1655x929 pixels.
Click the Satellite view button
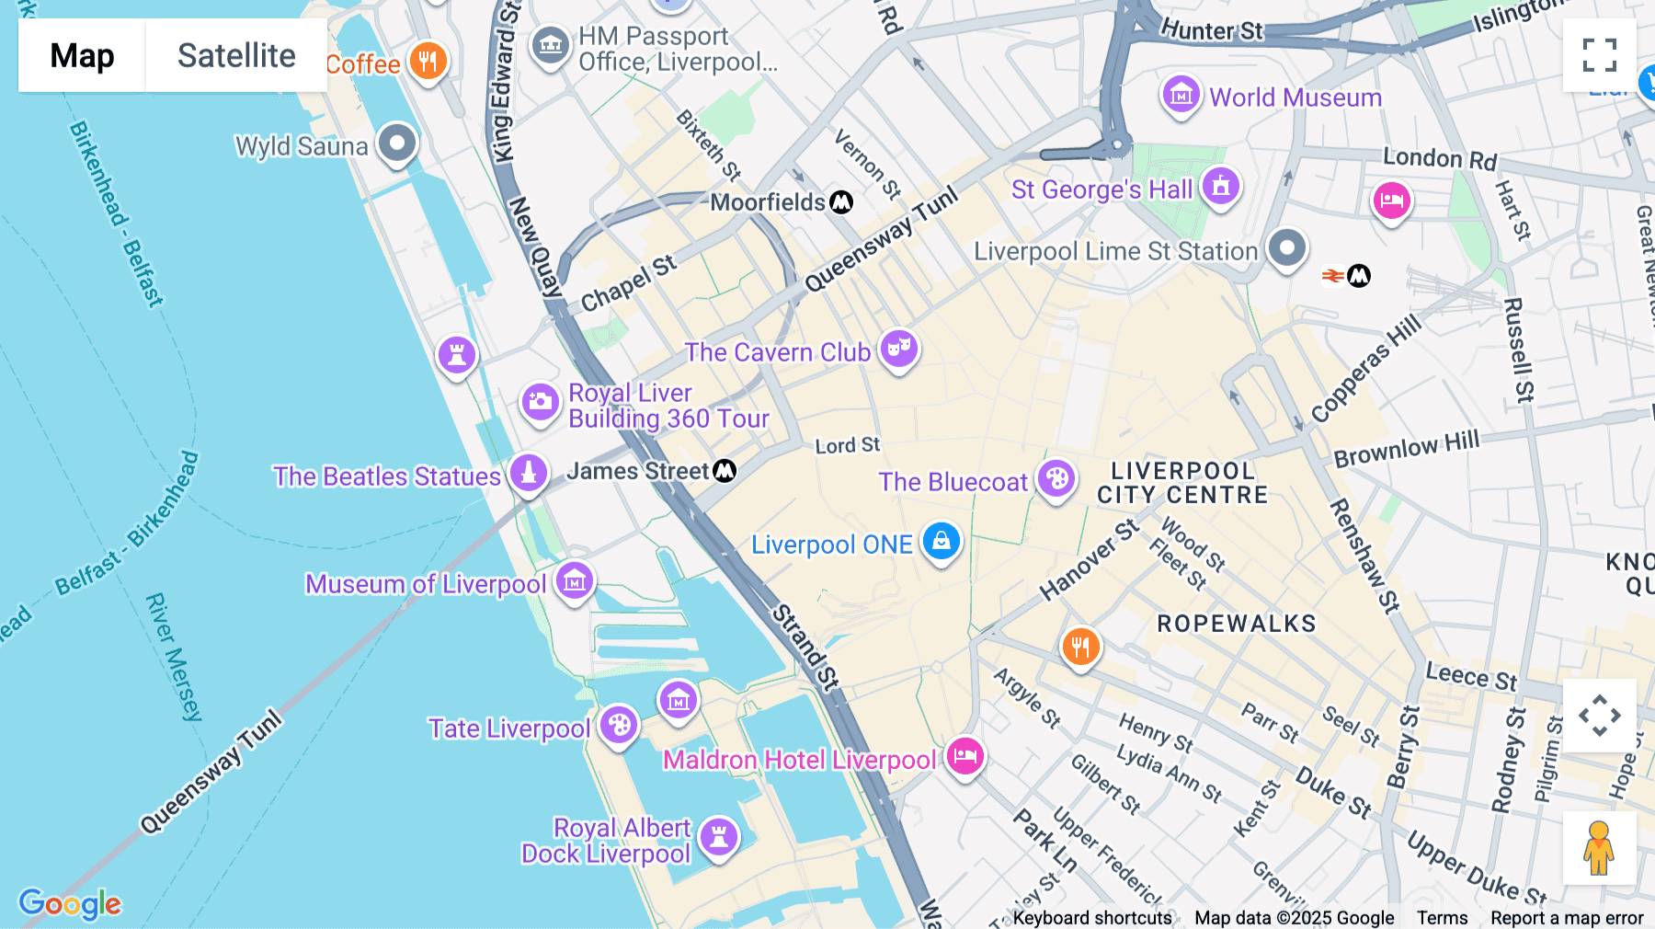coord(236,55)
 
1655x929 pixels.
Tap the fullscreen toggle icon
coord(1599,55)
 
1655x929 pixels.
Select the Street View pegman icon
coord(1599,847)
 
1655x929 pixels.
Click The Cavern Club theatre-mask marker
coord(899,349)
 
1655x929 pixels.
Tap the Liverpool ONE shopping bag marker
coord(941,541)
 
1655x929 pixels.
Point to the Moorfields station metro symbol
coord(841,202)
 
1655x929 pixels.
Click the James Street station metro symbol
coord(725,471)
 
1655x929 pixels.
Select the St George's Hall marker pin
coord(1221,187)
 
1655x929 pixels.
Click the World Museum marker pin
coord(1181,95)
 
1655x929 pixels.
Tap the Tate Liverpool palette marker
coord(619,725)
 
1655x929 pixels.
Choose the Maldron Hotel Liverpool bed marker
coord(964,756)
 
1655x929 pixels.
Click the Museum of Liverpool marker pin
coord(575,581)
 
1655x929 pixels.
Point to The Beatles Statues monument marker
coord(529,473)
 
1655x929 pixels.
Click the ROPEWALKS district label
coord(1236,624)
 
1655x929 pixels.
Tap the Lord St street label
coord(847,446)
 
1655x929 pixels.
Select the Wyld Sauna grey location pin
coord(397,143)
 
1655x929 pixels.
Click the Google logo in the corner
coord(70,903)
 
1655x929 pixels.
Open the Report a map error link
coord(1567,918)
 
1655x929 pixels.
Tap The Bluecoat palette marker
coord(1056,478)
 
